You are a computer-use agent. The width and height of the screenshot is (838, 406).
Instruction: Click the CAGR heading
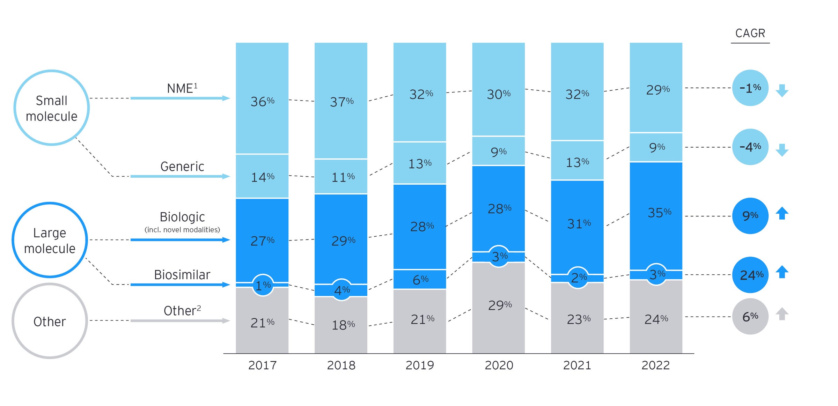pyautogui.click(x=750, y=33)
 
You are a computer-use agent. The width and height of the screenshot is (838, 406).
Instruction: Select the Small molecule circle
pyautogui.click(x=52, y=108)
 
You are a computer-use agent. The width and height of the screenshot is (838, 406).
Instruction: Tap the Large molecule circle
pyautogui.click(x=50, y=240)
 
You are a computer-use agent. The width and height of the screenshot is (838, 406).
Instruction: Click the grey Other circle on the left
pyautogui.click(x=50, y=321)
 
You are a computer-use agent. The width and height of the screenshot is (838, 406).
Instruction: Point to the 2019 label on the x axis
pyautogui.click(x=419, y=365)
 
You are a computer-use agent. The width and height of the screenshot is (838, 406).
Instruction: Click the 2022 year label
pyautogui.click(x=655, y=365)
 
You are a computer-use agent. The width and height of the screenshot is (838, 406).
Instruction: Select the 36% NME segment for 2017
pyautogui.click(x=262, y=101)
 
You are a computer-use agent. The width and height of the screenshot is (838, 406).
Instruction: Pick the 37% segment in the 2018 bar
pyautogui.click(x=341, y=102)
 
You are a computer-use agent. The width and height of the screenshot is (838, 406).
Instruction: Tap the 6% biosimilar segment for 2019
pyautogui.click(x=420, y=279)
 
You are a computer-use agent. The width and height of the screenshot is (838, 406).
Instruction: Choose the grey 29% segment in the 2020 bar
pyautogui.click(x=499, y=305)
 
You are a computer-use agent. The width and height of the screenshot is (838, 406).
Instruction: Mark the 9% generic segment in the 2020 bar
pyautogui.click(x=498, y=152)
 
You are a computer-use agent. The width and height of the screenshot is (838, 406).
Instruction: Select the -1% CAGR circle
pyautogui.click(x=750, y=88)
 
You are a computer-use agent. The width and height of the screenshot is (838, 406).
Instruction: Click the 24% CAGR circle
pyautogui.click(x=750, y=275)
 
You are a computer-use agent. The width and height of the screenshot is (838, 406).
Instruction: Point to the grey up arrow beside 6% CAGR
pyautogui.click(x=782, y=313)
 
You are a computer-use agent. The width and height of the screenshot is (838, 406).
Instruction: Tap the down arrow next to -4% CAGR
pyautogui.click(x=782, y=150)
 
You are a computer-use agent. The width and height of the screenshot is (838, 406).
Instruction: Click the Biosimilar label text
pyautogui.click(x=182, y=275)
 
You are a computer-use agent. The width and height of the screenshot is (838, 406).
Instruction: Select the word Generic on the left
pyautogui.click(x=182, y=167)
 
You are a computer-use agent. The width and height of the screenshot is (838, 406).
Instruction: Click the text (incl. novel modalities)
pyautogui.click(x=182, y=230)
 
